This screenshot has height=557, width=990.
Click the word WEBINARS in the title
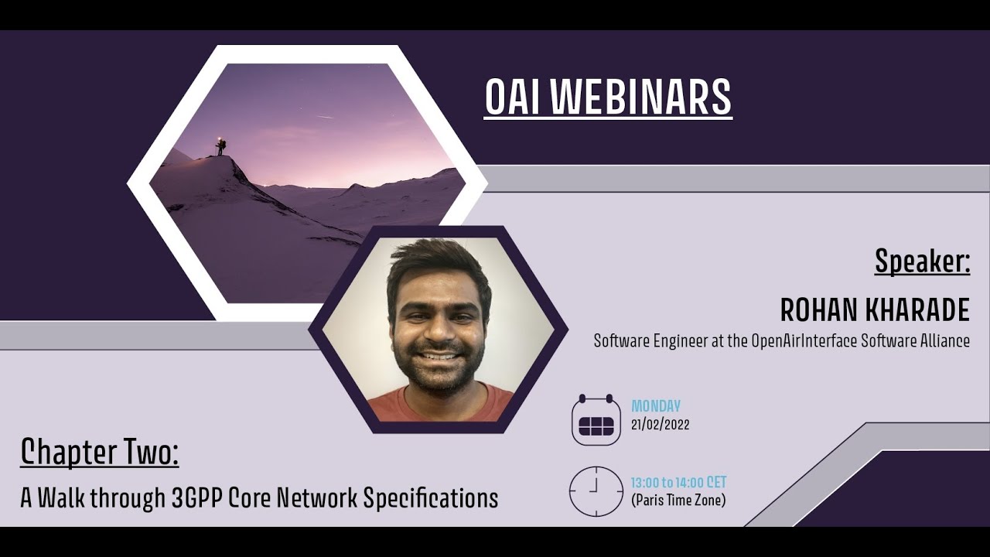click(643, 98)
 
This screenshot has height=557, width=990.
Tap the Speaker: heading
click(922, 261)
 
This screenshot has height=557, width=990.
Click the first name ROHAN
click(811, 310)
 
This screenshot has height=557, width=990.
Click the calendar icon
click(596, 420)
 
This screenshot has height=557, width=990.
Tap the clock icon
click(596, 491)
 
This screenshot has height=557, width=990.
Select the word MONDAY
click(656, 406)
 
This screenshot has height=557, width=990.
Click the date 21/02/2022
click(660, 425)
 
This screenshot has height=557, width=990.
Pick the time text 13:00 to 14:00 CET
click(678, 483)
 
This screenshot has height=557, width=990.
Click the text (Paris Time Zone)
click(678, 501)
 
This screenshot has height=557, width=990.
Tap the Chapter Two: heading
click(99, 453)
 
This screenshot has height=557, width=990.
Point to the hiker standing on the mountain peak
click(220, 146)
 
